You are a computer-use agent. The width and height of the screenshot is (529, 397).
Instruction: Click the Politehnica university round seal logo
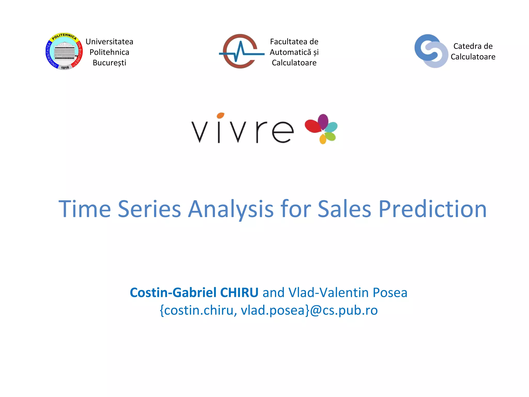(64, 51)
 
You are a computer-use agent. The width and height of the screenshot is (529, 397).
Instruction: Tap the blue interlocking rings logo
(431, 51)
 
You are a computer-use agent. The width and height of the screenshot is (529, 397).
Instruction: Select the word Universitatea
(109, 42)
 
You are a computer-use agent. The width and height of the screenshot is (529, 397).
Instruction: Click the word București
(109, 63)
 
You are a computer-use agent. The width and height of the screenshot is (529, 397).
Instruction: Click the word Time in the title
(85, 209)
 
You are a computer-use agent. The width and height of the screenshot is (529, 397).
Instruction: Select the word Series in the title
(149, 209)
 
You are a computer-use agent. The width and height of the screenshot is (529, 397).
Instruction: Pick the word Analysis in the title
(230, 209)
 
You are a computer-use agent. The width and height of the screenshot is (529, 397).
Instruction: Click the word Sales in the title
(344, 209)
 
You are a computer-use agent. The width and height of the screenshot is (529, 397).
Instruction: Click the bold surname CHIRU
(239, 293)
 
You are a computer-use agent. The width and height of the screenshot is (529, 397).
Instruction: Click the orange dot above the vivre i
(220, 115)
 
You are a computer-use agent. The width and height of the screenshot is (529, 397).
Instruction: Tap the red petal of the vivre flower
(313, 126)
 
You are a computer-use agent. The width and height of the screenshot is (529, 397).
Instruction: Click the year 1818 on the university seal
(65, 68)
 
